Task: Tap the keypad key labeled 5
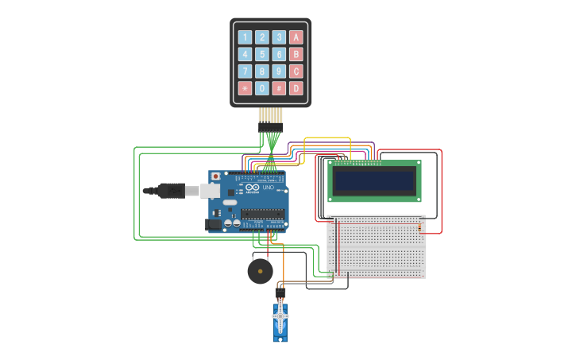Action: coord(261,54)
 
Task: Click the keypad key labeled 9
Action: coord(279,71)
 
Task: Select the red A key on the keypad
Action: coord(296,37)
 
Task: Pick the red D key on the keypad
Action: coord(296,88)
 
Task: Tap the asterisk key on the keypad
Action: coord(245,88)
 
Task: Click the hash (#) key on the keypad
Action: coord(279,88)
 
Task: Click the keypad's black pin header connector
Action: coord(270,126)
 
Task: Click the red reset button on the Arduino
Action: coord(215,176)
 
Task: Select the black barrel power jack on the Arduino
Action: coord(213,225)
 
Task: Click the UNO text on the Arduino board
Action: coord(279,188)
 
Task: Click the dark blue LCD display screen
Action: coord(374,181)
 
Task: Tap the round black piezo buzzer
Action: coord(260,272)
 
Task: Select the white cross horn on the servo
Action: coord(280,316)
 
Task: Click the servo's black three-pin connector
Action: coord(280,292)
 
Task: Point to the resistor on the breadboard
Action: coord(420,229)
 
